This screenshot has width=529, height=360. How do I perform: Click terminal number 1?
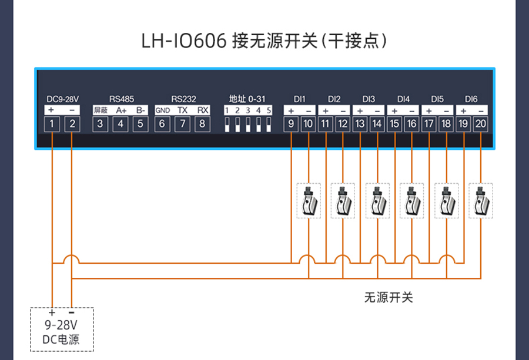[x=52, y=124]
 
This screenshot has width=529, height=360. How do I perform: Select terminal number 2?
[x=72, y=124]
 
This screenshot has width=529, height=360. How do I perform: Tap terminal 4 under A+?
[x=120, y=124]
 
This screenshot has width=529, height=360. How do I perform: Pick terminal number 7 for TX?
[x=183, y=124]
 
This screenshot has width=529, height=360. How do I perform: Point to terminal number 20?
[x=481, y=124]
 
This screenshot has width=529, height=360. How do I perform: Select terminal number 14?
[x=377, y=124]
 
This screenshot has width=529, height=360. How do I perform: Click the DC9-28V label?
[x=62, y=99]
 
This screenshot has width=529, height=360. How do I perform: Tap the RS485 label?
[x=121, y=99]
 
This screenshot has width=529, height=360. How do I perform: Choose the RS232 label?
[x=183, y=99]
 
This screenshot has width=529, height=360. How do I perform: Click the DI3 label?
[x=369, y=99]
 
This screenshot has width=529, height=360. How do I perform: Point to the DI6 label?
[x=471, y=99]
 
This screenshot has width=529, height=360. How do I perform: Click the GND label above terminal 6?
[x=162, y=110]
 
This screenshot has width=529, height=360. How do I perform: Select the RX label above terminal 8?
[x=202, y=110]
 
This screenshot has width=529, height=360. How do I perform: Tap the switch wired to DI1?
[x=308, y=201]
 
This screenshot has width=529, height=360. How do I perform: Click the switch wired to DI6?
[x=481, y=201]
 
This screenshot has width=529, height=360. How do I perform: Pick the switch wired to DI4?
[x=411, y=201]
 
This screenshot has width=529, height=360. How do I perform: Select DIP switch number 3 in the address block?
[x=248, y=125]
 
